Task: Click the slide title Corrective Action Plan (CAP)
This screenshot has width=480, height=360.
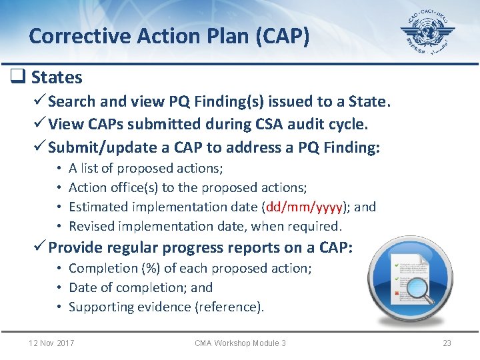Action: (x=169, y=35)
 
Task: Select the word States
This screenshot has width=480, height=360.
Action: (x=57, y=78)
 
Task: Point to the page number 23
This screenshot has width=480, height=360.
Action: (x=447, y=343)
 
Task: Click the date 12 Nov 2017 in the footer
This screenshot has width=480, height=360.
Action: (x=51, y=343)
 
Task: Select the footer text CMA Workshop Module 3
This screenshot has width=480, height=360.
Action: (x=240, y=343)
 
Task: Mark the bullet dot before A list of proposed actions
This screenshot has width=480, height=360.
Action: (x=59, y=169)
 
